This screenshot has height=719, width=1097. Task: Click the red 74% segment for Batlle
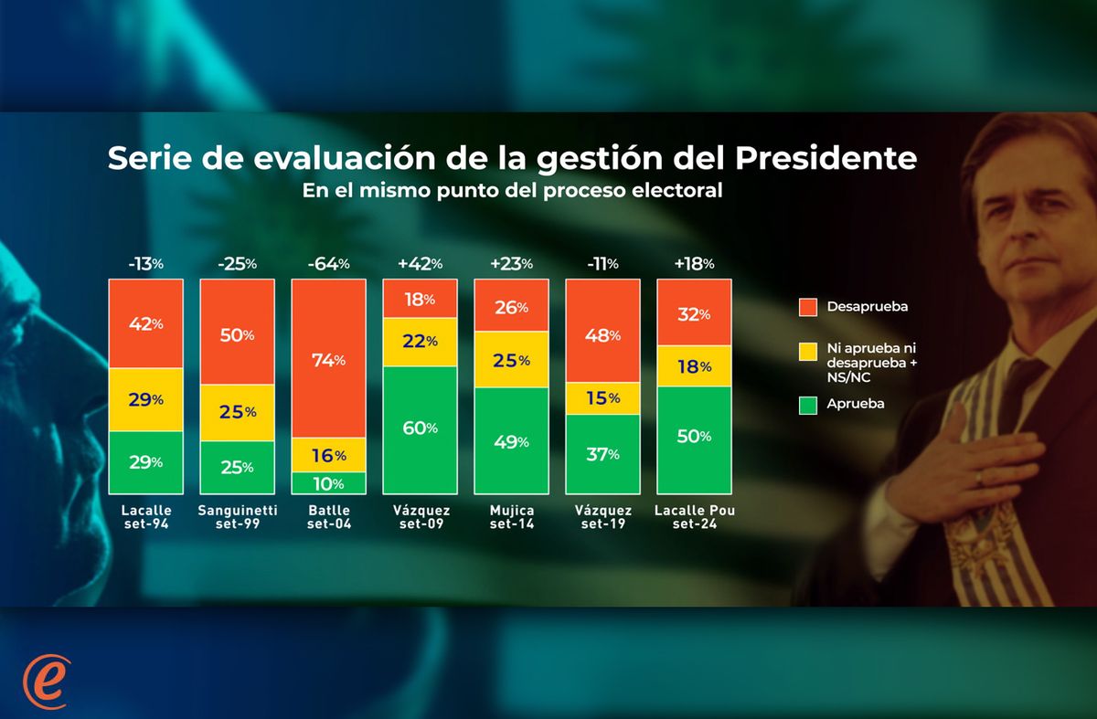[328, 358]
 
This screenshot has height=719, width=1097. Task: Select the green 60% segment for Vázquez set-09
[420, 429]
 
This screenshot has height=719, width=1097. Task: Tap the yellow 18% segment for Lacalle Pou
[694, 366]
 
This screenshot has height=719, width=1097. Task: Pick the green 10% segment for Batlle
[328, 483]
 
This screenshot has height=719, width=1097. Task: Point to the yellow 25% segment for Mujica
[511, 360]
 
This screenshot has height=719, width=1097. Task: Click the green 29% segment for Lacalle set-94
[145, 462]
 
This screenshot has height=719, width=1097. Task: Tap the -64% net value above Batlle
[328, 264]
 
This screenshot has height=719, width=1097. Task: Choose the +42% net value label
[420, 264]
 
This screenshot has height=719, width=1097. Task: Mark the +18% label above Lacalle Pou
[694, 264]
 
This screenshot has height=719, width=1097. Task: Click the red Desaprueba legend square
[808, 307]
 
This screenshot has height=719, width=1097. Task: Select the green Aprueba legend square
[808, 404]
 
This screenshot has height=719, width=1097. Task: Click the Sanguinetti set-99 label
[237, 517]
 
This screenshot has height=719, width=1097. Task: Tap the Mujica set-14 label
[511, 517]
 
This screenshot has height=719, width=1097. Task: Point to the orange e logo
[46, 681]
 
